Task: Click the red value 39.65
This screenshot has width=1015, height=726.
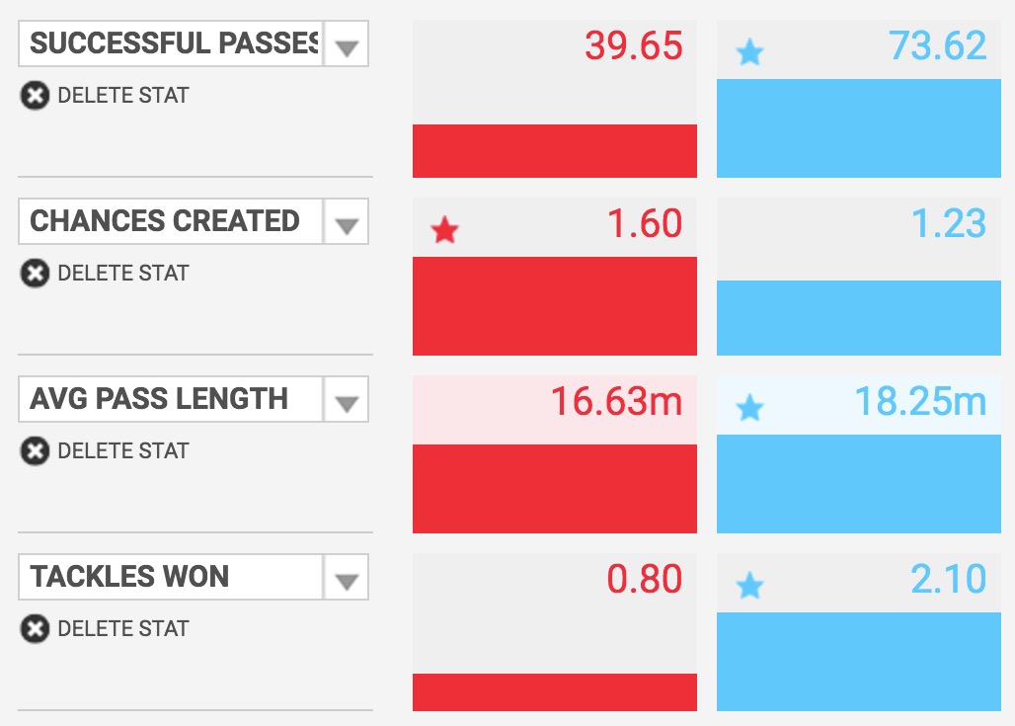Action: click(633, 46)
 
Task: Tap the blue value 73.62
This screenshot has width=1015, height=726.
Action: click(937, 46)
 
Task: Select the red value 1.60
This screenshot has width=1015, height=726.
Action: click(644, 224)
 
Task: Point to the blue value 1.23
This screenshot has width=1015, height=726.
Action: click(948, 224)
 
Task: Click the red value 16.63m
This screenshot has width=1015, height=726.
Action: click(616, 402)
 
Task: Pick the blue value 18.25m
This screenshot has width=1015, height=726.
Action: click(920, 402)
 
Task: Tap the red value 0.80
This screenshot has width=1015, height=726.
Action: click(644, 580)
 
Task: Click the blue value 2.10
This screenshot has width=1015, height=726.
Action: click(948, 580)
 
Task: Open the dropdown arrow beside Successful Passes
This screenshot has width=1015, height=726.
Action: click(346, 47)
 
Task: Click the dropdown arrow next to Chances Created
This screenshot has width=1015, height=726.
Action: click(346, 225)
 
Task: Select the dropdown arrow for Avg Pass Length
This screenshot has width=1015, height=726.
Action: click(346, 403)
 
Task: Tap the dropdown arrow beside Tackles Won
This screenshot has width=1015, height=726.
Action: click(346, 581)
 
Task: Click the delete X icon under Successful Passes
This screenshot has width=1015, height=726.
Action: click(35, 96)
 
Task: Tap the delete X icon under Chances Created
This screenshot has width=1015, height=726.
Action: click(35, 274)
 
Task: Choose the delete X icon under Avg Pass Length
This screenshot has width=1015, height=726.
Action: click(35, 451)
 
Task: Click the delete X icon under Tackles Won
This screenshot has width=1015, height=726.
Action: click(35, 629)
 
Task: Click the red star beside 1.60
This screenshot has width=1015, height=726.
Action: click(445, 231)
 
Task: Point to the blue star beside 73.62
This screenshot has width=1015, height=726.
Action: click(749, 53)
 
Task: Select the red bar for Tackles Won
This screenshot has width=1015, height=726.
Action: click(554, 691)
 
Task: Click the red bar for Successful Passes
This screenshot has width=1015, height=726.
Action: click(554, 151)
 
